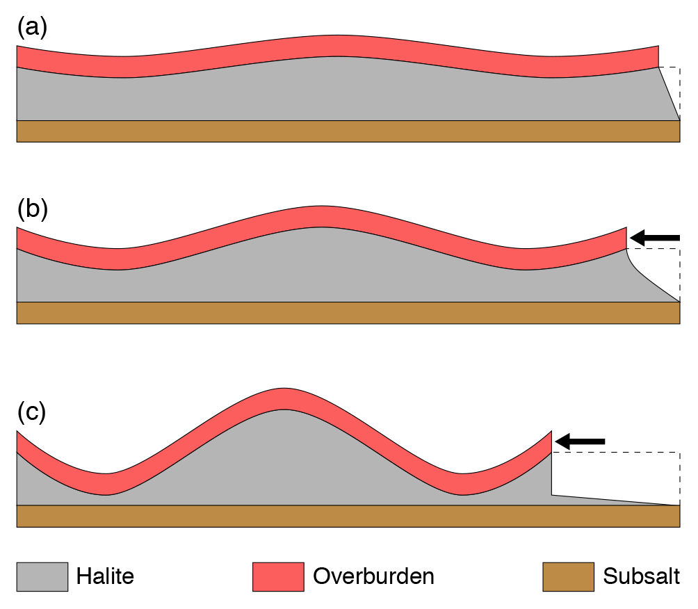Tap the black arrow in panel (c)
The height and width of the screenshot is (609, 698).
(581, 441)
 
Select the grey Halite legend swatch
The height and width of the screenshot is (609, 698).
(42, 576)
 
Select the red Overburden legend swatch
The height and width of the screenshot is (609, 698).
(278, 576)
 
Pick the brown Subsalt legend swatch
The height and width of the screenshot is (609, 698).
(568, 576)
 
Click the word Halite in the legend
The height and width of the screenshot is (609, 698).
(105, 576)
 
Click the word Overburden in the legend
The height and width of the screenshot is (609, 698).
(373, 576)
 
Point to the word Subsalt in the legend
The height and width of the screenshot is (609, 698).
(641, 576)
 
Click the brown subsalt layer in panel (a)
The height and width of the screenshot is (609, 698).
(348, 131)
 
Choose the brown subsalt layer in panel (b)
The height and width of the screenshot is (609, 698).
(348, 313)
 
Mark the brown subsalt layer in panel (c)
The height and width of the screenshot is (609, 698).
(348, 516)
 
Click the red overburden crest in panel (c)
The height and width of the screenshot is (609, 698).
(284, 398)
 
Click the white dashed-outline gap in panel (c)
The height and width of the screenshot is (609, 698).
(615, 476)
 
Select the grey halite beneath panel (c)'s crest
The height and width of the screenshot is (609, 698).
(284, 459)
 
